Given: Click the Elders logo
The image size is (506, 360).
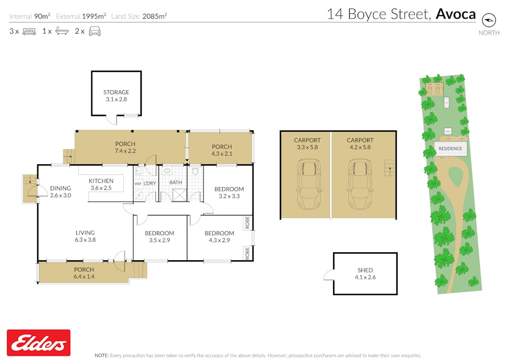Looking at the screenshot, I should coord(38,342).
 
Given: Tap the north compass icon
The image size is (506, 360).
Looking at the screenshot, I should coord(489,20).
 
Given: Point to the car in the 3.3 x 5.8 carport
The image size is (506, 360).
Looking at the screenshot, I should coord(307,186).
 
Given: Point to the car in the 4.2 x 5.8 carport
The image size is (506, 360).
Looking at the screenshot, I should coord(358,186).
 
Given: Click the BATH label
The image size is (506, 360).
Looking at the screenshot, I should coord(176,182).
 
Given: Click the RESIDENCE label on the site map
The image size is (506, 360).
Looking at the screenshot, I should coord(450,148).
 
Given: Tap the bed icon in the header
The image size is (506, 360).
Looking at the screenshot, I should coord(29,31).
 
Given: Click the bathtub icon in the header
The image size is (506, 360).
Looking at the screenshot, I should coord(61,31).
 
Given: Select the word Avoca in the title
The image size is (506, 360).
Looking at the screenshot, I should coord(455,14).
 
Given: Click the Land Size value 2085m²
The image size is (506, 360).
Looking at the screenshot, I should coord(154,16).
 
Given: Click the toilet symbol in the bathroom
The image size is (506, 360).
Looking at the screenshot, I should coord(196,171).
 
